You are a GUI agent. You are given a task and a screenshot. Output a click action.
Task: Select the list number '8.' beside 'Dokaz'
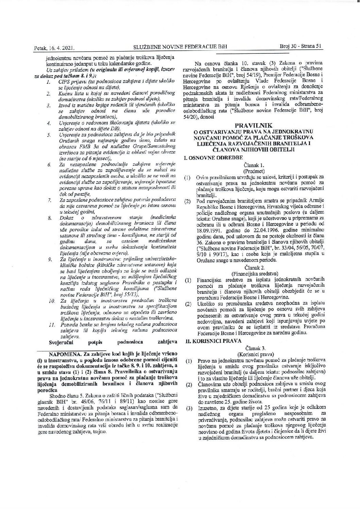coord(50,227)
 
